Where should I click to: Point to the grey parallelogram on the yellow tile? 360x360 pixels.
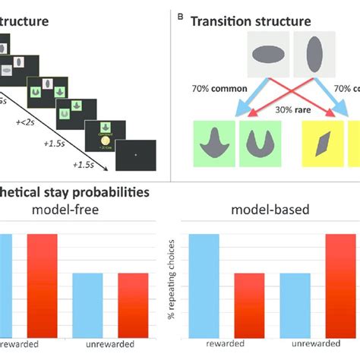[325, 144]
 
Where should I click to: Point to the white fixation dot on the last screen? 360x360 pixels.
[135, 155]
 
